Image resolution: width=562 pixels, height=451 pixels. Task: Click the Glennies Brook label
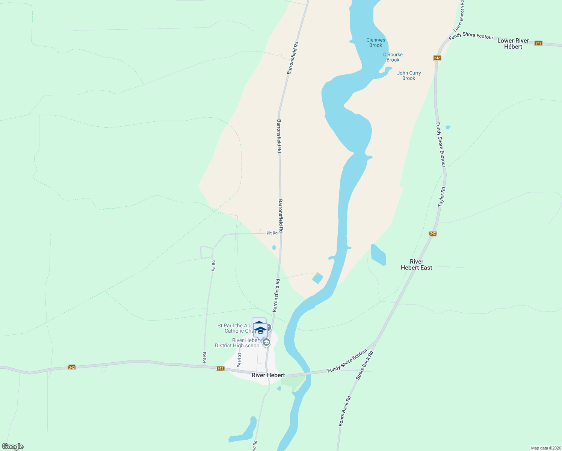[376, 42]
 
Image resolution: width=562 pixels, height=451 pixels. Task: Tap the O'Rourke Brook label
[393, 57]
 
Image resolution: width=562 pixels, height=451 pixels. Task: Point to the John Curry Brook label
[409, 76]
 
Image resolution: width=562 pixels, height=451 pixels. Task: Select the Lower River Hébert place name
[513, 44]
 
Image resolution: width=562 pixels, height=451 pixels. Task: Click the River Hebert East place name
[416, 265]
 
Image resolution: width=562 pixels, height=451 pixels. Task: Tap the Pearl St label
[239, 360]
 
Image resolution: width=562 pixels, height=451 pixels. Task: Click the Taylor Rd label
[442, 197]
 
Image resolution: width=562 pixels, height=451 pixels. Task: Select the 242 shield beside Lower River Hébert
[538, 43]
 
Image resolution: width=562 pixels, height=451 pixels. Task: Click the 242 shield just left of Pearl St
[221, 369]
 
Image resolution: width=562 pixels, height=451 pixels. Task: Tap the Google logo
[13, 446]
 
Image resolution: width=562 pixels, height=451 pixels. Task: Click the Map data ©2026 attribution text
[546, 448]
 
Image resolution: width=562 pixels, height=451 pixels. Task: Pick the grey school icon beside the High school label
[266, 342]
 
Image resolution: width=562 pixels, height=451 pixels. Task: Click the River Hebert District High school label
[238, 343]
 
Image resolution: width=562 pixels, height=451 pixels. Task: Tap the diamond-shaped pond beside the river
[317, 278]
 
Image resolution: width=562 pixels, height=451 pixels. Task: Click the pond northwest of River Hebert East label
[378, 255]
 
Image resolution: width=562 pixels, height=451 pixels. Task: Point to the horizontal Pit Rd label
[272, 233]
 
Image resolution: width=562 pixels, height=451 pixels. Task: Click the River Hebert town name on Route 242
[268, 375]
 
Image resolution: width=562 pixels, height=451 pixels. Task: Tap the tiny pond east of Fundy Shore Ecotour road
[447, 127]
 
